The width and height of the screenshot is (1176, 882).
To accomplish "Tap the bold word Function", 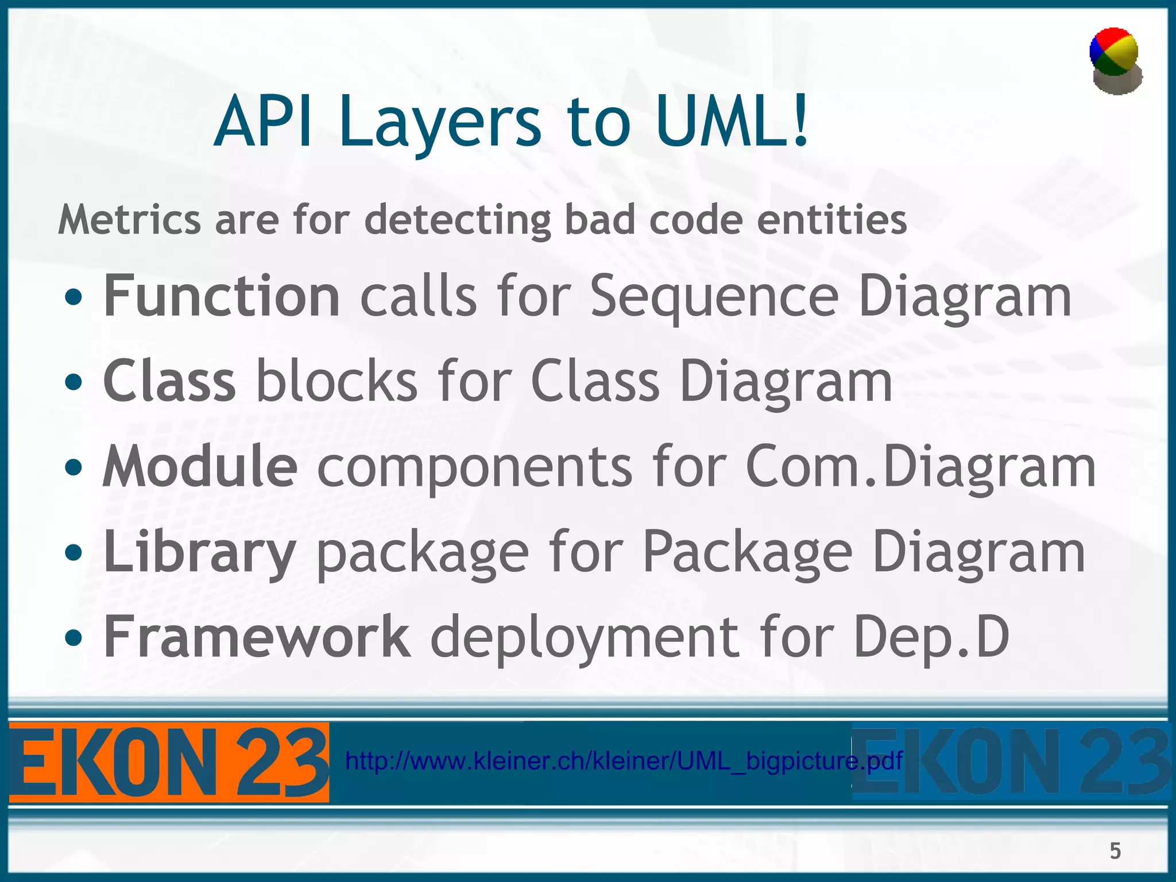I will click(x=222, y=296).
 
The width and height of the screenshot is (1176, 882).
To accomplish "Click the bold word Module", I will click(x=200, y=466).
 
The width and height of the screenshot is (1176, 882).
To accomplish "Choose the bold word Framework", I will click(x=257, y=636).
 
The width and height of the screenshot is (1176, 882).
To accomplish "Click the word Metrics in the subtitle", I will click(x=129, y=219).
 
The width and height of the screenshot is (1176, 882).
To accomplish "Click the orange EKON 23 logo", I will click(x=169, y=763).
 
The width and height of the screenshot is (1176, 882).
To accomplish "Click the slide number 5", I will click(x=1115, y=850).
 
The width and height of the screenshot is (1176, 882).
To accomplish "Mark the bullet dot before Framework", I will click(x=73, y=637).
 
